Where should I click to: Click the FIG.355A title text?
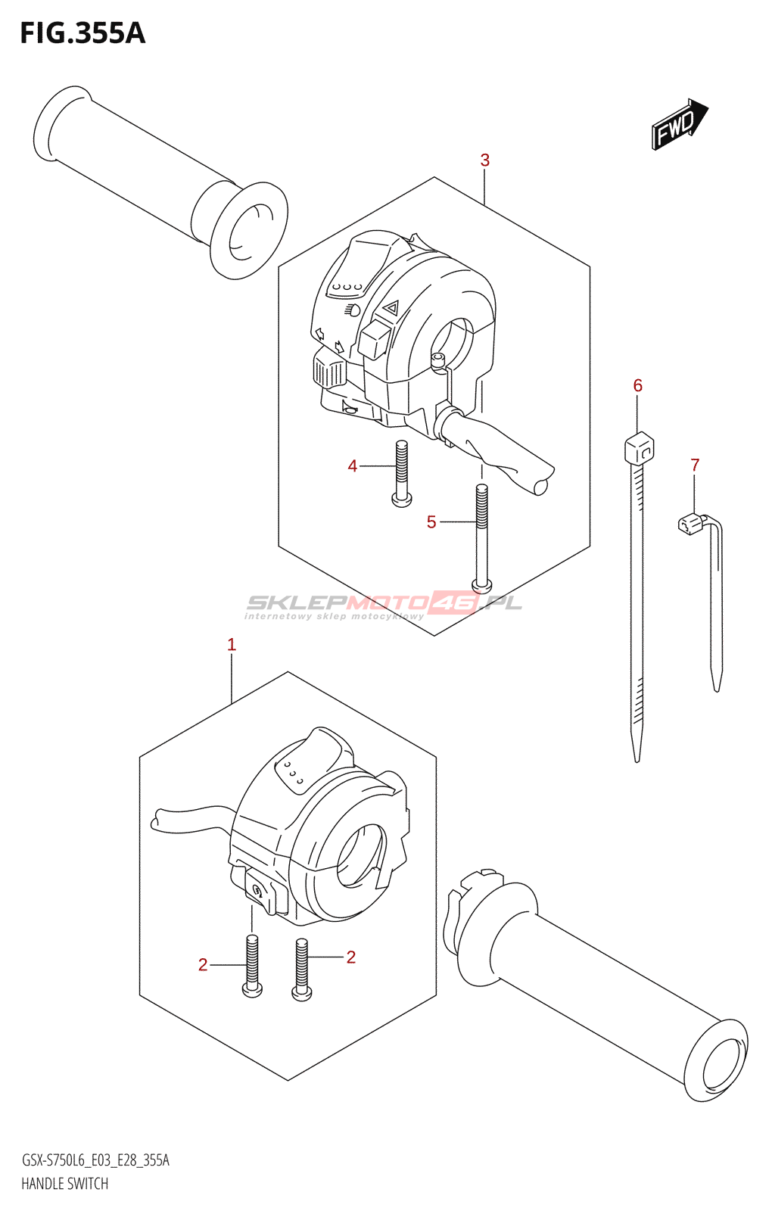[82, 33]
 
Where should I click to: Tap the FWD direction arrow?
[679, 123]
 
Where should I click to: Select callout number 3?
[484, 160]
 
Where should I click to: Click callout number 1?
[232, 645]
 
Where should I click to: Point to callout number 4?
[352, 466]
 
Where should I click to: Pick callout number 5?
[431, 522]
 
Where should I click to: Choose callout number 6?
[637, 386]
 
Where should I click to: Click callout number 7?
[695, 465]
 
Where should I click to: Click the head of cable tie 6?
[639, 448]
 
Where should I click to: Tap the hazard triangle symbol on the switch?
[391, 307]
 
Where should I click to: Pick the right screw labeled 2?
[302, 970]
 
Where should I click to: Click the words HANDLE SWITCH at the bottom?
[65, 1184]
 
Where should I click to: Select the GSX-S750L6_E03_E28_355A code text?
[95, 1160]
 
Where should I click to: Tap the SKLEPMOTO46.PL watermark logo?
[384, 604]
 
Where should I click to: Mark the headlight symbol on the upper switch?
[352, 309]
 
